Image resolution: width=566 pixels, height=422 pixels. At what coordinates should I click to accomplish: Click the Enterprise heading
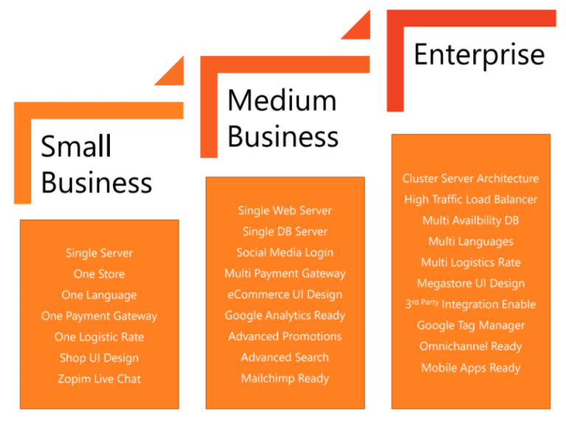pos(479,54)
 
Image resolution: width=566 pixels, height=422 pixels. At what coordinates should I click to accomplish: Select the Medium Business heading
pos(283,118)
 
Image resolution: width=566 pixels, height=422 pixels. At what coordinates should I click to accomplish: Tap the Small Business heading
pos(96,164)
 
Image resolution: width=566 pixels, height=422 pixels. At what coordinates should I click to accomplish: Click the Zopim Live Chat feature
pos(99,379)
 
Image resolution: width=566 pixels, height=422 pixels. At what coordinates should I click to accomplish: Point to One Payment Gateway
pos(99,316)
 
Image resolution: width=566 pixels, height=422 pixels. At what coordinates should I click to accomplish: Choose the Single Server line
pos(99,253)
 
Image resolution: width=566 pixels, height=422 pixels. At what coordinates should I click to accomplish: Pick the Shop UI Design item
pos(99,358)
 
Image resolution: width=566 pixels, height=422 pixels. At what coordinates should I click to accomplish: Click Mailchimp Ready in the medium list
pos(285,379)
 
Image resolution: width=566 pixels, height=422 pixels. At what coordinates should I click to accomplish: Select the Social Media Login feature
pos(285,252)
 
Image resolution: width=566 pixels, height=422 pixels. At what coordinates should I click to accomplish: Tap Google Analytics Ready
pos(285,315)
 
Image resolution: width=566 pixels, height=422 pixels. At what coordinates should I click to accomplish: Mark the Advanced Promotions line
pos(285,337)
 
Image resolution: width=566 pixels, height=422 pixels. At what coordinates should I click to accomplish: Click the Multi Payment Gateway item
pos(285,273)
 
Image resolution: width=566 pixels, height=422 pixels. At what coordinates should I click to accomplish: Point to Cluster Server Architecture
pos(471,178)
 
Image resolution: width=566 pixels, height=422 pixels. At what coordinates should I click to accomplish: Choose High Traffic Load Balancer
pos(471,199)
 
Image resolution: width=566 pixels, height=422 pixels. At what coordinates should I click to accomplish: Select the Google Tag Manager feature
pos(471,326)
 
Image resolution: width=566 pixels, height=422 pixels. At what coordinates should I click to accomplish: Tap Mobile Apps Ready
pos(471,368)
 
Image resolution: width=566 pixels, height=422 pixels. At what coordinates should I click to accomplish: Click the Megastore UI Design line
pos(471,284)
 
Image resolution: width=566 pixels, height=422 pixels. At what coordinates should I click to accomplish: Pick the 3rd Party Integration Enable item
pos(471,304)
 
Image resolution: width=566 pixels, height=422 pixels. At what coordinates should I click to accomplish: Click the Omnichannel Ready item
pos(471,346)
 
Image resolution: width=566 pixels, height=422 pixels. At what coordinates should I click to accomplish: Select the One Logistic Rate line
pos(99,337)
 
